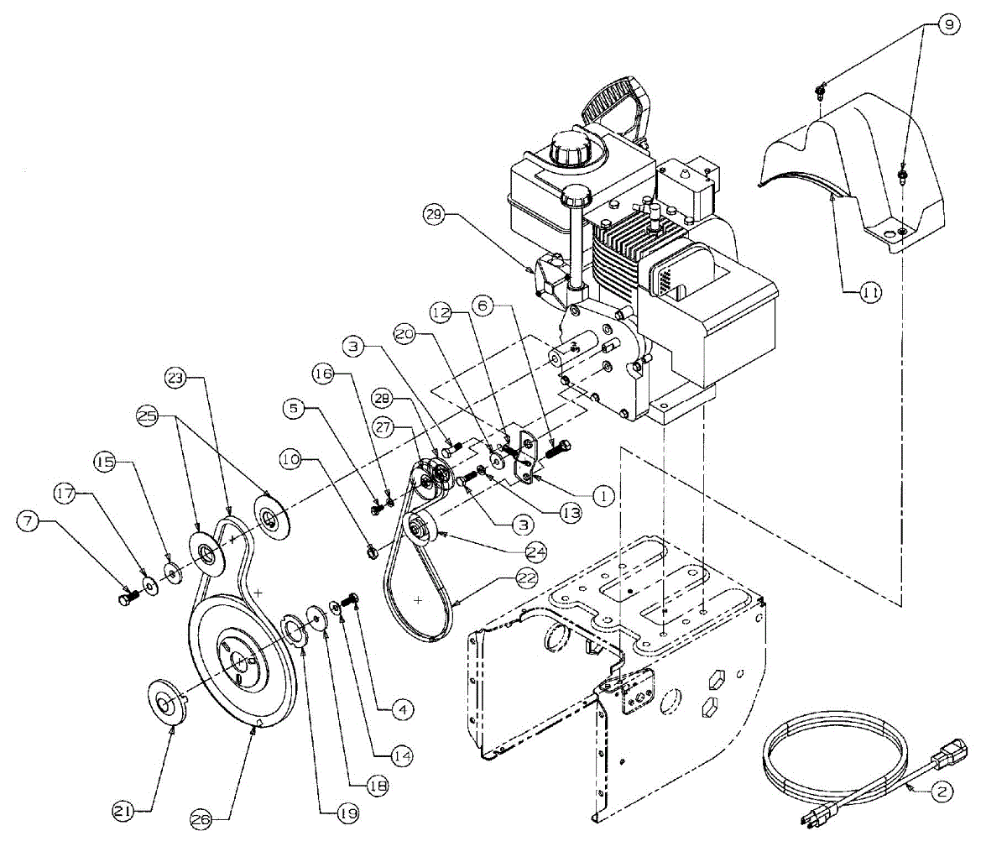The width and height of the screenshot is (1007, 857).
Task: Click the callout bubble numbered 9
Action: [x=948, y=25]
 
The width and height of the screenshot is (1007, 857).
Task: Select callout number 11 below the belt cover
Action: [x=870, y=293]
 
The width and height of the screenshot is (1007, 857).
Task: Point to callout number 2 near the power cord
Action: [x=942, y=791]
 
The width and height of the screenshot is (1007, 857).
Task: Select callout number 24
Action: [x=536, y=551]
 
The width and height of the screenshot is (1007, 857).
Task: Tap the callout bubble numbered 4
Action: [x=403, y=709]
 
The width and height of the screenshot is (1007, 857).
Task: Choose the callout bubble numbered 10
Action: [x=291, y=460]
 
